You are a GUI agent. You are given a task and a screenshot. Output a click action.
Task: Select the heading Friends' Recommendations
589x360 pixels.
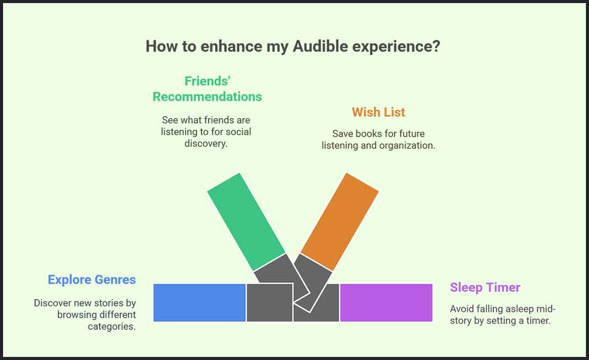207,88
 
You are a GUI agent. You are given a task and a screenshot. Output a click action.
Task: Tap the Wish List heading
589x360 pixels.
378,112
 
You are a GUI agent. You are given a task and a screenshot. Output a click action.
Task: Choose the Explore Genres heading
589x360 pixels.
92,280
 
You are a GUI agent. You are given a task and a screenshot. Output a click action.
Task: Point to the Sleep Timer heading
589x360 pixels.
485,287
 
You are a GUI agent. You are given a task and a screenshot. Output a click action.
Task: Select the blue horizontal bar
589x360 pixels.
199,303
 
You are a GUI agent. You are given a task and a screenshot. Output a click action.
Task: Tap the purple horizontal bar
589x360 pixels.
386,303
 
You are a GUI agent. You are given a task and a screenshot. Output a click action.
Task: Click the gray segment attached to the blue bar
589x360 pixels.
269,303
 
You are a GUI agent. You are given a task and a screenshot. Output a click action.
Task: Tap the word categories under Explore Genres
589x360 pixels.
111,326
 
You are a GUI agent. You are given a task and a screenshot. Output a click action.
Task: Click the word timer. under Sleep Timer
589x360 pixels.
538,321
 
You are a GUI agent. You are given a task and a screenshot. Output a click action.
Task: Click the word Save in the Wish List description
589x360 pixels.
343,133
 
